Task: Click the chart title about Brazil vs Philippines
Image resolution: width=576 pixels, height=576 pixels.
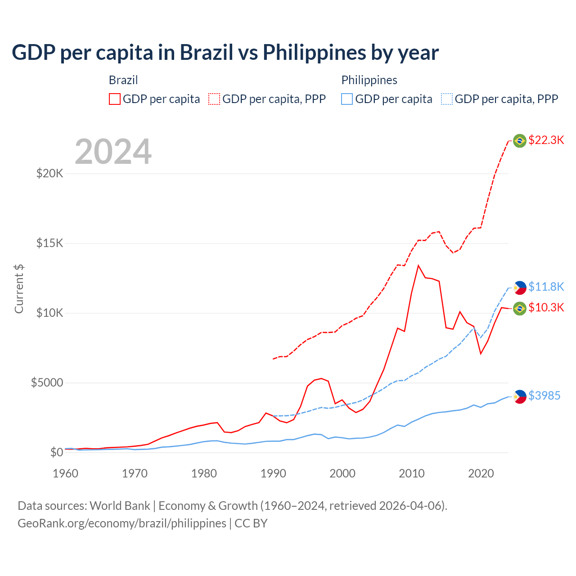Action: [225, 53]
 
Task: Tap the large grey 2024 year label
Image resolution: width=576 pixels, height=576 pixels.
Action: [113, 152]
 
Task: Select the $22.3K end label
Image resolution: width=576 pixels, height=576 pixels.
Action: [546, 140]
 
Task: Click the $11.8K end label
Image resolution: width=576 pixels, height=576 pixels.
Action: [546, 287]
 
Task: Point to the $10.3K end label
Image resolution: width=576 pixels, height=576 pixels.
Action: [546, 307]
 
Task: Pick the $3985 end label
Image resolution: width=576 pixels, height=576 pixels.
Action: [544, 396]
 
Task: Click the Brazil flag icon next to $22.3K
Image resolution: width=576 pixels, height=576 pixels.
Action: [520, 141]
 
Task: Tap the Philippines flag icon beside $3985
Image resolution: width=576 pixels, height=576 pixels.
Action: [520, 396]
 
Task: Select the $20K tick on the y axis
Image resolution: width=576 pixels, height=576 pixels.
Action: [49, 173]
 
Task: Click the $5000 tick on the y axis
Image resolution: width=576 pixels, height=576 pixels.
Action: [47, 382]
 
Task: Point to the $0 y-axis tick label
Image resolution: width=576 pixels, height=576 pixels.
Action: [56, 452]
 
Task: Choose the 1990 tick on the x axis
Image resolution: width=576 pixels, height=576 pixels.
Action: [273, 473]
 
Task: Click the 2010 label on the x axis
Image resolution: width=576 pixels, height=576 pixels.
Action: [412, 473]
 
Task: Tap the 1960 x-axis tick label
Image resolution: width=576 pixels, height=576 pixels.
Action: [66, 473]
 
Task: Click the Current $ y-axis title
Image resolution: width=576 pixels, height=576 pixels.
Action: [19, 289]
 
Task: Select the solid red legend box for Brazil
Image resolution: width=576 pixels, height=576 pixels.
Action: [115, 99]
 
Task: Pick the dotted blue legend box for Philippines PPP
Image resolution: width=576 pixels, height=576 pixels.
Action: [447, 99]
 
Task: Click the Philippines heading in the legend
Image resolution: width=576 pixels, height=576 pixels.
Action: [369, 80]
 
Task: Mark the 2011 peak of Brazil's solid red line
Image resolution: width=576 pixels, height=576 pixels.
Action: [418, 265]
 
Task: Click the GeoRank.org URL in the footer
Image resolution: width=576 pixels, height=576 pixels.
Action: [122, 523]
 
